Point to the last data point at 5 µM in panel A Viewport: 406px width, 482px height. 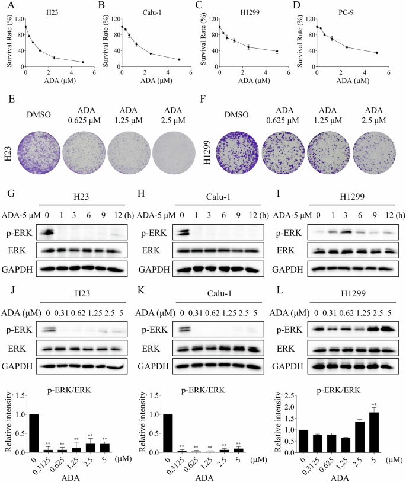point(83,62)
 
